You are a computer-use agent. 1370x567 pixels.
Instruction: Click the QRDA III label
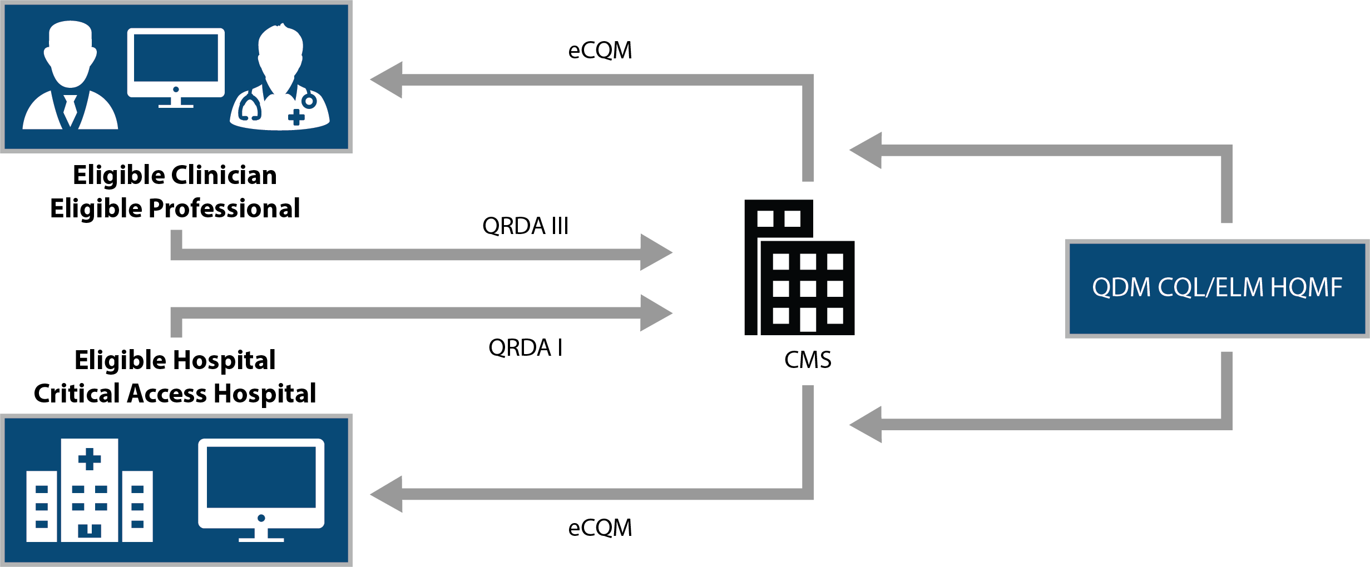(525, 226)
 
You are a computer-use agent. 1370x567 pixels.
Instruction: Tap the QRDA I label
(525, 348)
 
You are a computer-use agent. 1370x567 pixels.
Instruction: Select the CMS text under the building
(807, 360)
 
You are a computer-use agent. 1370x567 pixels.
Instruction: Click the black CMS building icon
(799, 268)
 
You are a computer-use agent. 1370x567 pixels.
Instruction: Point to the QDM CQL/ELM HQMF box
(1216, 288)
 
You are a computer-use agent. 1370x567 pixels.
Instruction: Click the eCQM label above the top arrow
(600, 51)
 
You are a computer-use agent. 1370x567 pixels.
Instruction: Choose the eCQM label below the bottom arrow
(600, 528)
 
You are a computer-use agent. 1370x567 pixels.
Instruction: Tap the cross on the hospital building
(90, 459)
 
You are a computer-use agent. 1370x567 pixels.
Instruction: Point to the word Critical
(77, 394)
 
